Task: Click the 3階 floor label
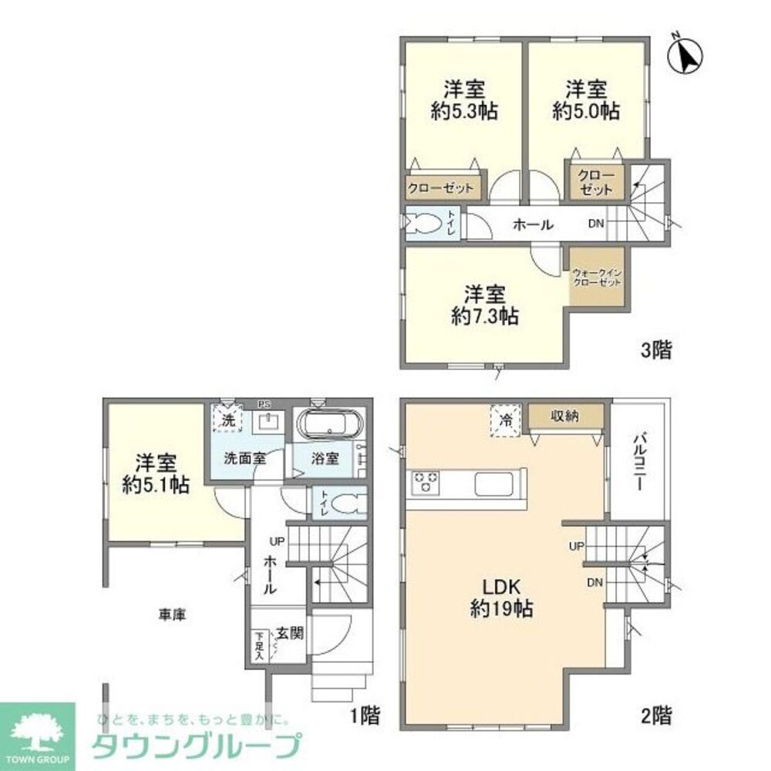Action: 656,351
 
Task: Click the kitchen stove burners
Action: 425,483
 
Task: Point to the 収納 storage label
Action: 565,416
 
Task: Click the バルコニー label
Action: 640,460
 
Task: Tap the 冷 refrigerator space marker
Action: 506,421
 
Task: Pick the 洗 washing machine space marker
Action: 227,420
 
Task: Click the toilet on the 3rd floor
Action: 423,224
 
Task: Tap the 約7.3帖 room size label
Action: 485,305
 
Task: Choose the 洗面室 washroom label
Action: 245,458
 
